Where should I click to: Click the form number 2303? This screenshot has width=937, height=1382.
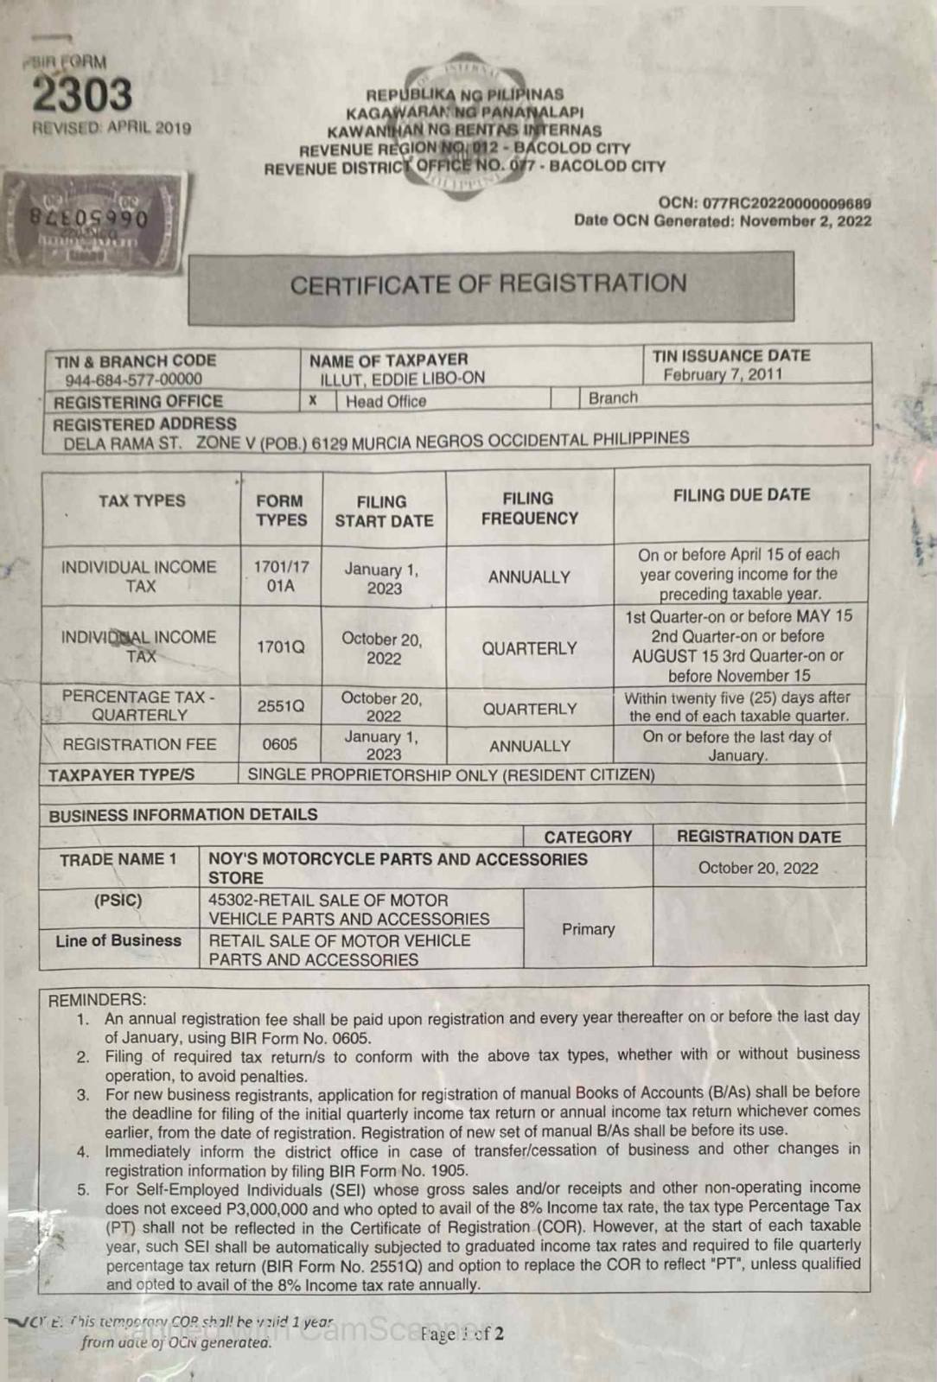point(83,95)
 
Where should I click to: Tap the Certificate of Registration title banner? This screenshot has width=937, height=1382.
point(489,285)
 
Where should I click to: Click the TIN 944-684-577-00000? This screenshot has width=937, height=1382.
point(133,379)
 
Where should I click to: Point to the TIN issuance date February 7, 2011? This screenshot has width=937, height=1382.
point(723,374)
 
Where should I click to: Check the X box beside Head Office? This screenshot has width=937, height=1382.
point(313,400)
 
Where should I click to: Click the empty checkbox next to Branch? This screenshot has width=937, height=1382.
point(565,398)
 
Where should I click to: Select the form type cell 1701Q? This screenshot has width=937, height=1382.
point(280,646)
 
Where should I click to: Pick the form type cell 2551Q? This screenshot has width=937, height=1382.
point(280,706)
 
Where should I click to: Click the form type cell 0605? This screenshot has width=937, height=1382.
point(280,744)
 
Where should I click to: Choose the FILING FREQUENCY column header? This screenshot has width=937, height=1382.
point(529,508)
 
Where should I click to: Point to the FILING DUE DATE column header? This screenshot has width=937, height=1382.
point(741,495)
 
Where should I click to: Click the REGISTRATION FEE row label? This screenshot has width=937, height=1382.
point(139,744)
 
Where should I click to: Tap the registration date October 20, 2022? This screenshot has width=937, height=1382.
point(758,868)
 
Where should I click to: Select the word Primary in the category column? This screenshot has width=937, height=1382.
point(588,929)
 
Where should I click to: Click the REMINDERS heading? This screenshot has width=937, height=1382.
point(97,1000)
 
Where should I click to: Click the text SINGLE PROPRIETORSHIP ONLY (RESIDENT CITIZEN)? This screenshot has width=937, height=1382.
point(451,774)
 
